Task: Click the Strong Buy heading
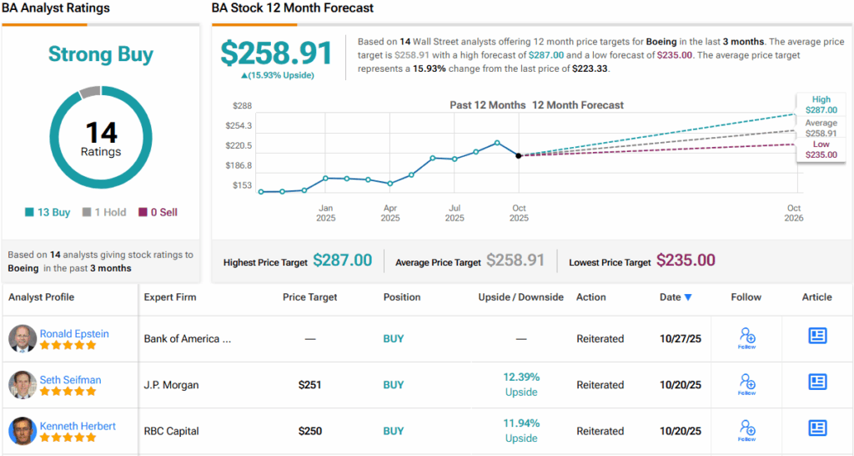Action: [x=101, y=55]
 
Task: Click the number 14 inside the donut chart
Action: [x=101, y=132]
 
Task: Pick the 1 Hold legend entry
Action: [x=104, y=212]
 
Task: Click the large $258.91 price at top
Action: [x=277, y=53]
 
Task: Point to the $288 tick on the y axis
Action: [x=242, y=106]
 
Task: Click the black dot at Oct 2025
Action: [x=519, y=155]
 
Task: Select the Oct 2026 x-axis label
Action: [x=794, y=213]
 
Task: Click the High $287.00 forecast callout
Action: [x=821, y=104]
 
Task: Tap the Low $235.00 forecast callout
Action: [x=821, y=149]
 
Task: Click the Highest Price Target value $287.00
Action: [x=342, y=261]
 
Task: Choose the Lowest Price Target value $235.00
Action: [x=686, y=261]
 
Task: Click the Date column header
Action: [x=676, y=297]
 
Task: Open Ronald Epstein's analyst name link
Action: [x=74, y=333]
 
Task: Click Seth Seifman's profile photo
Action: [x=23, y=384]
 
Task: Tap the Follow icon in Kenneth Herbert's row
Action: [x=746, y=430]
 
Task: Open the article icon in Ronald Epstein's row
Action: [x=817, y=336]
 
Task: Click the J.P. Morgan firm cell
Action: [x=171, y=385]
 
